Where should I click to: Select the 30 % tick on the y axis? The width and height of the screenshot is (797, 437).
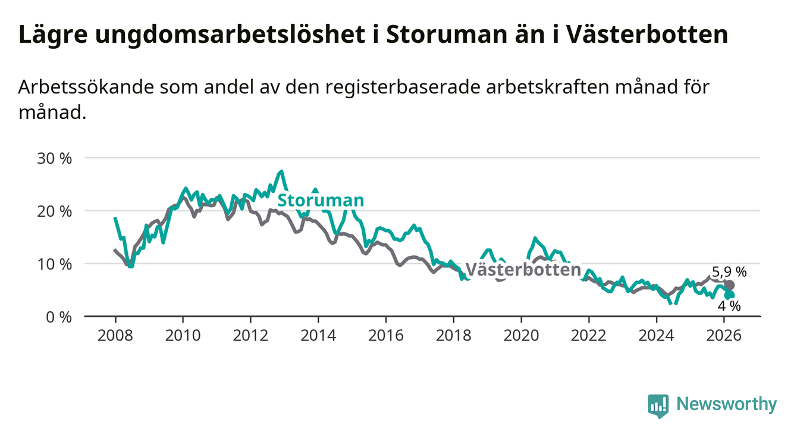pos(54,158)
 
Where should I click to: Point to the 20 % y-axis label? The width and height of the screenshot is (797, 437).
pos(54,211)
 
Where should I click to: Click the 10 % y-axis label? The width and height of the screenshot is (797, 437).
pos(54,264)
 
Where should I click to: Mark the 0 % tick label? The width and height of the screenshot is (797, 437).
pos(58,317)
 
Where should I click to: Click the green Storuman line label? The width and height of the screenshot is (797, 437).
pos(321,201)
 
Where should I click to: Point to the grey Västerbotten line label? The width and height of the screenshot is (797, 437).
pos(523,270)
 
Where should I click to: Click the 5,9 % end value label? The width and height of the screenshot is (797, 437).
pos(729,273)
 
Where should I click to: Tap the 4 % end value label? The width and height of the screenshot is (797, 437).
pos(729,306)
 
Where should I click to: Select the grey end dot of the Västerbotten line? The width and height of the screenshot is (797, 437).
pos(730,285)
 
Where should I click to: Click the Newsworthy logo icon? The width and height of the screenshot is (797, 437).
pos(658,405)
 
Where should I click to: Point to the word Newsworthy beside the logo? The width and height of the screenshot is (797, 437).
pos(726,405)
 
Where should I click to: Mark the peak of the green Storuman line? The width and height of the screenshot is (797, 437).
pos(281,171)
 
